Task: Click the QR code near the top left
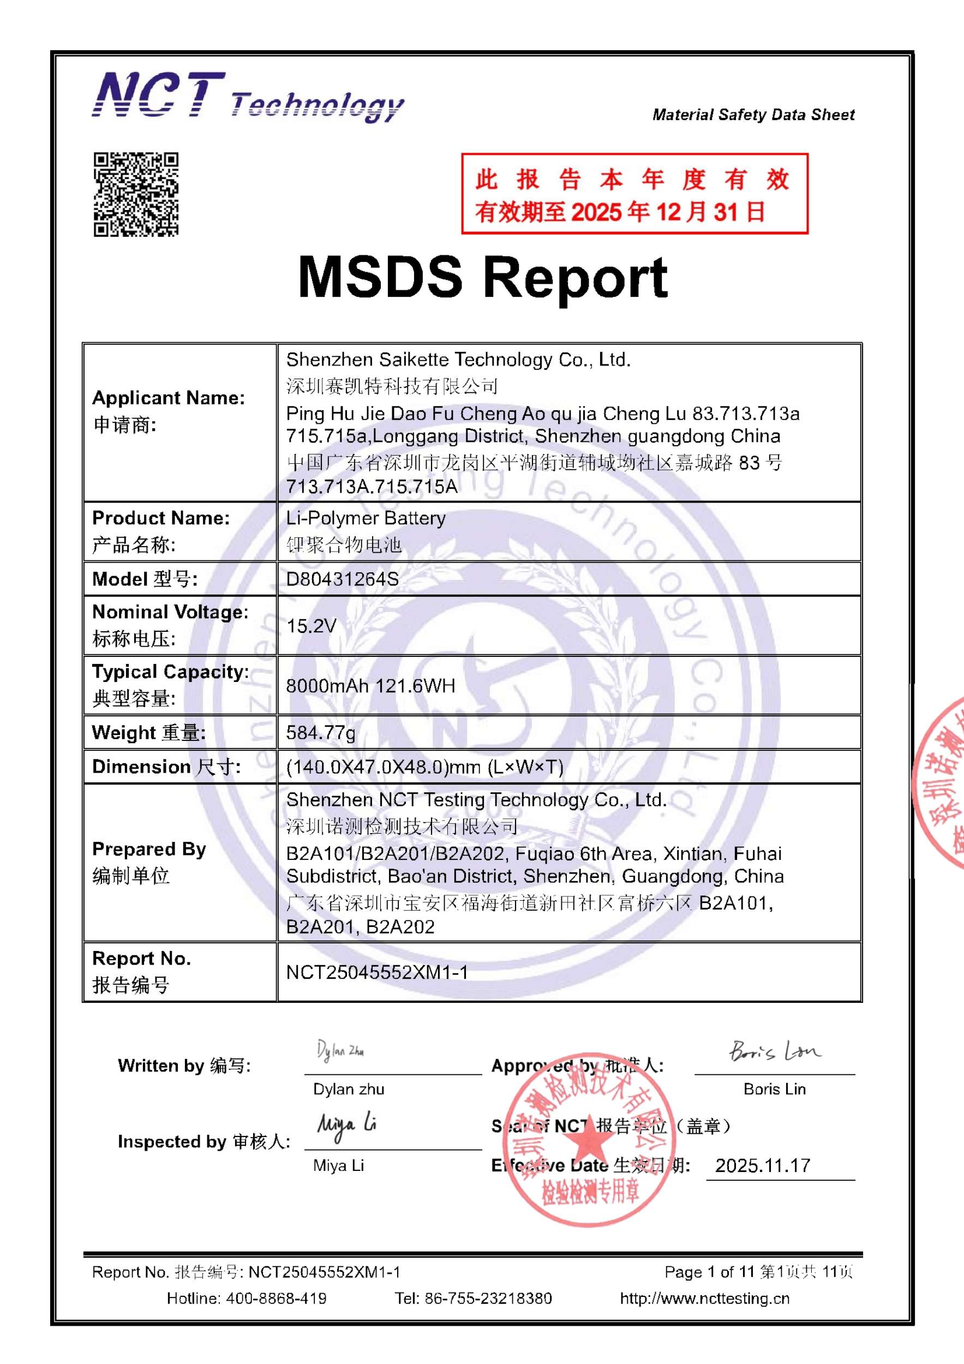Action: (x=136, y=194)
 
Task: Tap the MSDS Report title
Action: (x=482, y=277)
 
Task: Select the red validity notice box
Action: (x=634, y=194)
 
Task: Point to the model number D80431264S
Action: (x=342, y=579)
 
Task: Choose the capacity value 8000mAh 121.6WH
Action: (x=370, y=686)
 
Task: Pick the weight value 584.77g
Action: (x=321, y=733)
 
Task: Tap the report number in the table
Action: (x=376, y=972)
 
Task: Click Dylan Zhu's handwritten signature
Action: (x=340, y=1051)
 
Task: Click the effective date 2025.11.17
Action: (x=763, y=1165)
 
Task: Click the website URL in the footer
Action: (x=704, y=1299)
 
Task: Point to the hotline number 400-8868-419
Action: (x=276, y=1299)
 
